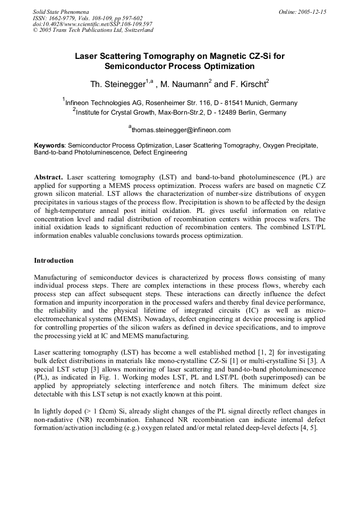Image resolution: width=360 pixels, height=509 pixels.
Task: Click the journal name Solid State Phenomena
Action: point(60,11)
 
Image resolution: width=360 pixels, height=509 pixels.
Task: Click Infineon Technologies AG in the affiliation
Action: point(101,103)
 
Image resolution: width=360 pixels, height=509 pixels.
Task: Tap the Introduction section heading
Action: point(54,261)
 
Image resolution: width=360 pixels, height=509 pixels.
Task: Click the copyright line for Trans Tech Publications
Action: point(93,30)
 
